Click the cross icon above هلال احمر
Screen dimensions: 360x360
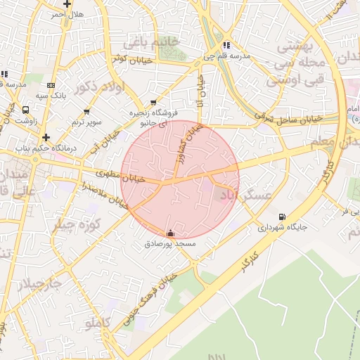coord(67,3)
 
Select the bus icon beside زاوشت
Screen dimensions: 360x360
coord(26,110)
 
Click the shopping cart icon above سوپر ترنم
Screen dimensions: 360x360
coord(86,112)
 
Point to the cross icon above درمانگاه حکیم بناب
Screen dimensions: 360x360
coord(46,137)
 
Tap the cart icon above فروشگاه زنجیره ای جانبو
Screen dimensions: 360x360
coord(154,102)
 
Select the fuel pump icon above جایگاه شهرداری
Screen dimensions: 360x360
coord(283,217)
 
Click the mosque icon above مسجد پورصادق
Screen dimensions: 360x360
coord(169,233)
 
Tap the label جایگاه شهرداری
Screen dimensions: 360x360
coord(283,228)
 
